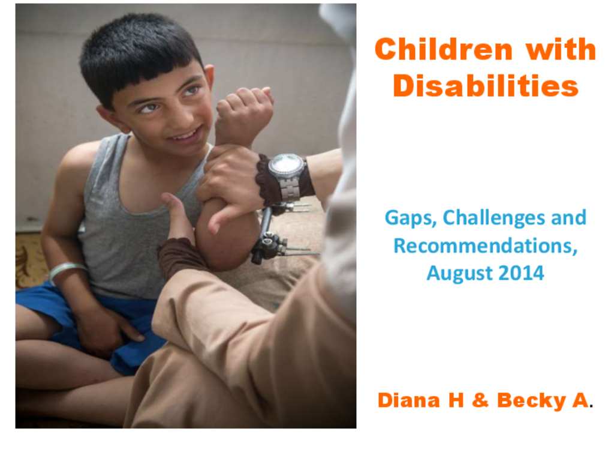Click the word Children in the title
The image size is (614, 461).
444,49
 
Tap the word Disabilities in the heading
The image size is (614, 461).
486,85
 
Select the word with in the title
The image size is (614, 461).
561,49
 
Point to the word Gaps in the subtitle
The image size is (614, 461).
411,218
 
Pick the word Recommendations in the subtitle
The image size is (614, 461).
485,246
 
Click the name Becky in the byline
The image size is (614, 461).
531,401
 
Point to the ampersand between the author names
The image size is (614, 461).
480,400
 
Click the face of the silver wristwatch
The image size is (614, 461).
286,166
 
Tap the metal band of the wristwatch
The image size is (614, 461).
289,188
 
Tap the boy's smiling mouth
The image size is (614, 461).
186,135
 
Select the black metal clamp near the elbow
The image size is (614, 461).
269,245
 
